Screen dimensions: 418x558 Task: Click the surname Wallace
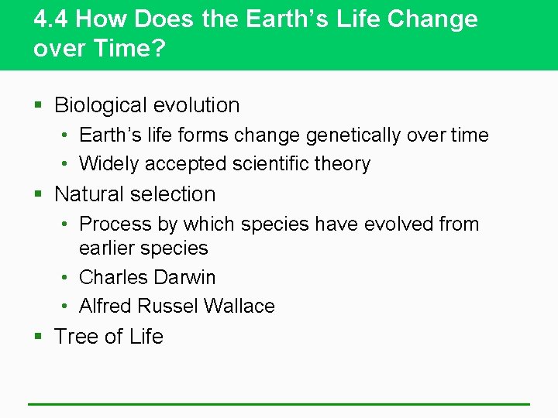[238, 307]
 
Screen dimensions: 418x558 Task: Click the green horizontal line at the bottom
[279, 403]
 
